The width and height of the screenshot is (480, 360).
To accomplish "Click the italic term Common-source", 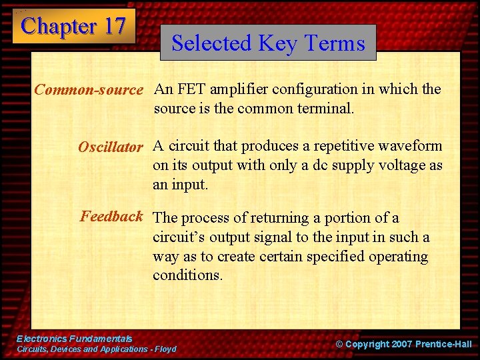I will pos(89,89).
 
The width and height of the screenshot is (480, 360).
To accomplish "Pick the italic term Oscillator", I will pos(110,147).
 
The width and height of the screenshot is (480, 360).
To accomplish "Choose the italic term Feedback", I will pos(111,216).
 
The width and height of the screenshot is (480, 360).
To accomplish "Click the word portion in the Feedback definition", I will pos(349,218).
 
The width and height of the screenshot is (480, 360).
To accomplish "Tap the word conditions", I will pos(187,275).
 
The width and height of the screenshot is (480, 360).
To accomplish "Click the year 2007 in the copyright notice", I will pos(397,344).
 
